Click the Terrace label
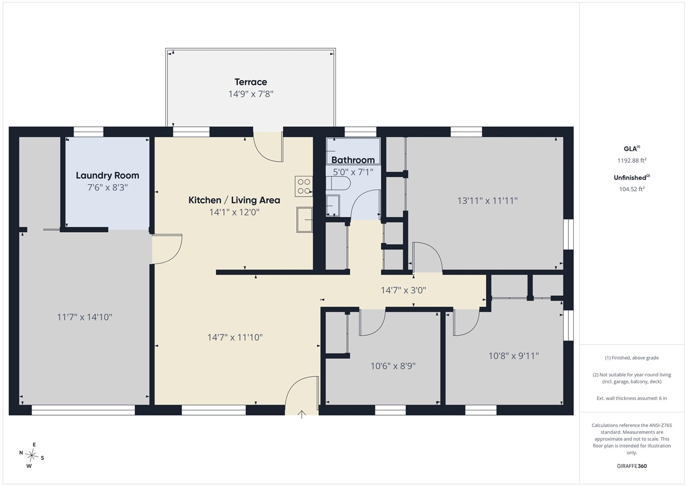point(251,82)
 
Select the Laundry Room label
point(107,176)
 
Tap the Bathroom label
point(353,160)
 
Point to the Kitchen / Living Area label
point(234,200)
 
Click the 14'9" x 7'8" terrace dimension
point(251,94)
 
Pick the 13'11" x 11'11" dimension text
point(487,201)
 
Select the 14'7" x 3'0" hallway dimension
point(403,290)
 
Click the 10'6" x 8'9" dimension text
point(393,366)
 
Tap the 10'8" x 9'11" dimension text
point(514,356)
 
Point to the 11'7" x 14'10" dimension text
point(84,317)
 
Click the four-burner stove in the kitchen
point(304,186)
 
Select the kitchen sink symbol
point(304,220)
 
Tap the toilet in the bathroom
point(338,184)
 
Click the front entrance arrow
point(302,414)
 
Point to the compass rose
point(32,455)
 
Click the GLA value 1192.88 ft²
point(632,160)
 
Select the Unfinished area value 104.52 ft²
point(632,189)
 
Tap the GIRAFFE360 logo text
point(632,466)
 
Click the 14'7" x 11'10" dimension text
point(235,337)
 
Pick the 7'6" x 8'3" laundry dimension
point(107,187)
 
